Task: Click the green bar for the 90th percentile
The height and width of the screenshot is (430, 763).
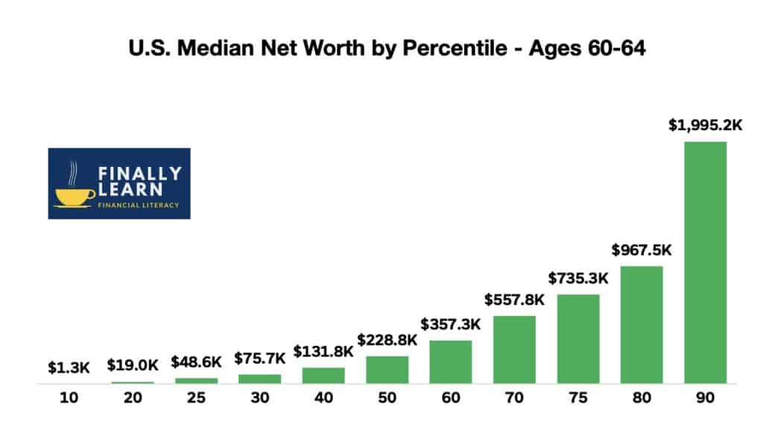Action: (x=705, y=262)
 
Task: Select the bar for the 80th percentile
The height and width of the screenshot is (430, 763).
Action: (x=642, y=325)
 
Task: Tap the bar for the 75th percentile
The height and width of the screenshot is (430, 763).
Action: (x=577, y=339)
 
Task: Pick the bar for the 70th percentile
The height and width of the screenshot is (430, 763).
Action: (x=514, y=350)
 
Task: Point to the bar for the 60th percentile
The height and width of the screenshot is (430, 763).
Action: (x=451, y=362)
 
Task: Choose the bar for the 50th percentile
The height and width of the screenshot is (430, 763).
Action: (x=387, y=370)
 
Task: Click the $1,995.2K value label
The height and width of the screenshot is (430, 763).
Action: (x=705, y=125)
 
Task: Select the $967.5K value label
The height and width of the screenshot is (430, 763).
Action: (x=642, y=250)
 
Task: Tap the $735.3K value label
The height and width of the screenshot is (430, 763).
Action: (x=577, y=278)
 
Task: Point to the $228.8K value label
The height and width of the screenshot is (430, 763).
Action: (x=387, y=340)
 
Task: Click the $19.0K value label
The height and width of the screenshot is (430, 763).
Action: (x=133, y=364)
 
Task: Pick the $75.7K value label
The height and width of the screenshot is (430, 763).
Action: (x=260, y=358)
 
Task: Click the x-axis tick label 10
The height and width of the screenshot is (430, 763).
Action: (x=69, y=399)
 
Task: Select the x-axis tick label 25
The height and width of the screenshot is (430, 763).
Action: (x=197, y=399)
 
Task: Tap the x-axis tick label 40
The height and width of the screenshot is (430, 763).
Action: (x=323, y=399)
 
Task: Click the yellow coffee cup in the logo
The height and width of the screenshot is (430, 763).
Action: (x=75, y=196)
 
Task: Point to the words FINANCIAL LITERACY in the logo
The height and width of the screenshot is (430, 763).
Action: (x=139, y=206)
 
